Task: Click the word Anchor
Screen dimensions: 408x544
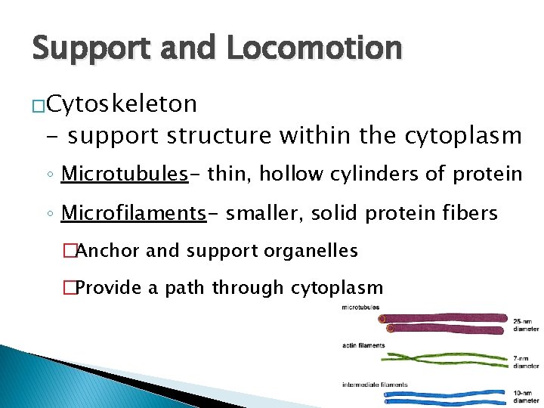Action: pyautogui.click(x=107, y=251)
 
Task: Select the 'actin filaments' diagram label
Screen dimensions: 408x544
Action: pyautogui.click(x=363, y=345)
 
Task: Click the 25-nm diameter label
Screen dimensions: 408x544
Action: pyautogui.click(x=527, y=325)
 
